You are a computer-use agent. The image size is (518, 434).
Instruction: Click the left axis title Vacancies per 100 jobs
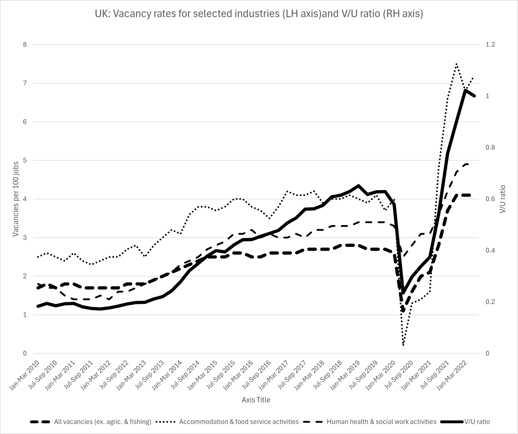16,199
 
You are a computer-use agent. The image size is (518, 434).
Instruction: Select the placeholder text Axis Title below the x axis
256,400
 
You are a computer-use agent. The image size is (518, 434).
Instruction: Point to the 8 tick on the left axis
25,45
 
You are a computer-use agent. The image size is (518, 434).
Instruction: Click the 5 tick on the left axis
25,161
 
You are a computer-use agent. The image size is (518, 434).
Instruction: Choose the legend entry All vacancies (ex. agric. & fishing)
102,422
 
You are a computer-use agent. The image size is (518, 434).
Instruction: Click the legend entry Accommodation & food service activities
239,422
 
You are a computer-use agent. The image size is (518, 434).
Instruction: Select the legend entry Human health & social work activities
381,422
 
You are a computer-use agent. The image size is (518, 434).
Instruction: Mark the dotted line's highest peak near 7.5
456,64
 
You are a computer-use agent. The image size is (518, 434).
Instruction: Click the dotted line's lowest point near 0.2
403,345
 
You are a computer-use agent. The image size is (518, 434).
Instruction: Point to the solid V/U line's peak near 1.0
465,90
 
